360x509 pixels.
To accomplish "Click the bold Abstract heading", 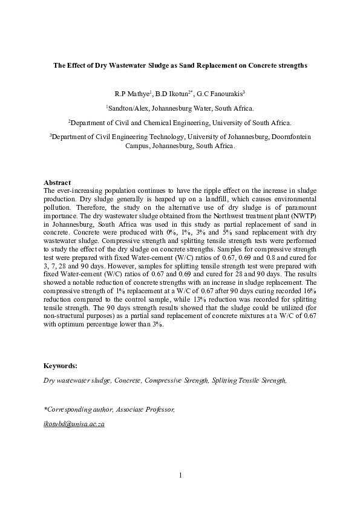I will [x=57, y=183].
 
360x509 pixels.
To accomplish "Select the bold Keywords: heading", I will [x=61, y=366].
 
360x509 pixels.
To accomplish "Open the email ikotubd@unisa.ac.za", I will [x=74, y=424].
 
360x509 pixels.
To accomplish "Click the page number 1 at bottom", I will [x=180, y=475].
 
